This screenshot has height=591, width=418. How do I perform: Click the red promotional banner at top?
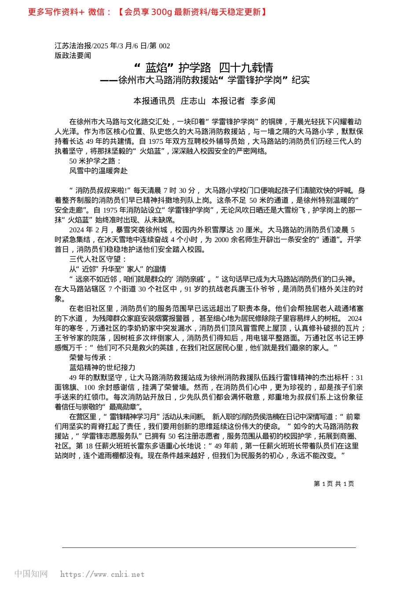[148, 12]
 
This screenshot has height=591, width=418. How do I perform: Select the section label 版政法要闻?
[73, 55]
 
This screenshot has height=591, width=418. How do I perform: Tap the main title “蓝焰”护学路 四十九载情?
[204, 68]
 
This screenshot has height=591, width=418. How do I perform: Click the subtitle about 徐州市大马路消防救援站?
[205, 80]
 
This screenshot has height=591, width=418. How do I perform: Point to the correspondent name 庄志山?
[193, 101]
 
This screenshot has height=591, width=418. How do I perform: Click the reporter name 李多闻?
[263, 101]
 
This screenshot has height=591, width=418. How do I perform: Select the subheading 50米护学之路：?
[95, 161]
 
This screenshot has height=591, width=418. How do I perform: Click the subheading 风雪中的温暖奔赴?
[99, 171]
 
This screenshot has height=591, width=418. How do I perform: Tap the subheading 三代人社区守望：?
[98, 259]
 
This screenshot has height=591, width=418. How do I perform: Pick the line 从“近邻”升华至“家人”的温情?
[117, 269]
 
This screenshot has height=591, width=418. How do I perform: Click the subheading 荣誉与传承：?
[91, 358]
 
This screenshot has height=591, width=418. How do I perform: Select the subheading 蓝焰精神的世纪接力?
[102, 367]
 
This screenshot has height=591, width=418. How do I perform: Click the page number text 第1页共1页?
[334, 484]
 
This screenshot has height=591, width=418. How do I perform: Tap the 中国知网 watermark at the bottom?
[31, 574]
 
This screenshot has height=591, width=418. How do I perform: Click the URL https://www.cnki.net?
[102, 574]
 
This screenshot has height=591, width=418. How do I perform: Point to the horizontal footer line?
[209, 547]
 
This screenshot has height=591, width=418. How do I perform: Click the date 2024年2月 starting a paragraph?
[88, 230]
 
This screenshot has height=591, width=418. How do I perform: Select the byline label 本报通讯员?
[154, 101]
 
